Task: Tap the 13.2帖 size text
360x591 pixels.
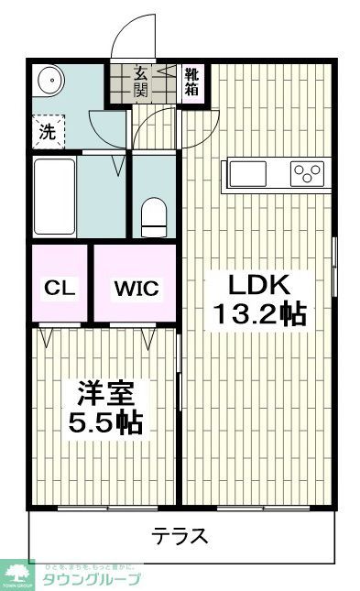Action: coord(258,314)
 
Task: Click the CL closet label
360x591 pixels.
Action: coord(58,288)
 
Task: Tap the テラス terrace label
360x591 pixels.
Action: coord(180,536)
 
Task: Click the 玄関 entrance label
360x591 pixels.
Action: coord(142,81)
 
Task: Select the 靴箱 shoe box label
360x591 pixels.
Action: coord(193,81)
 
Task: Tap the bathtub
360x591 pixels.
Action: coord(53,195)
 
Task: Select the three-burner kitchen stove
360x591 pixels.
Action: coord(307,172)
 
